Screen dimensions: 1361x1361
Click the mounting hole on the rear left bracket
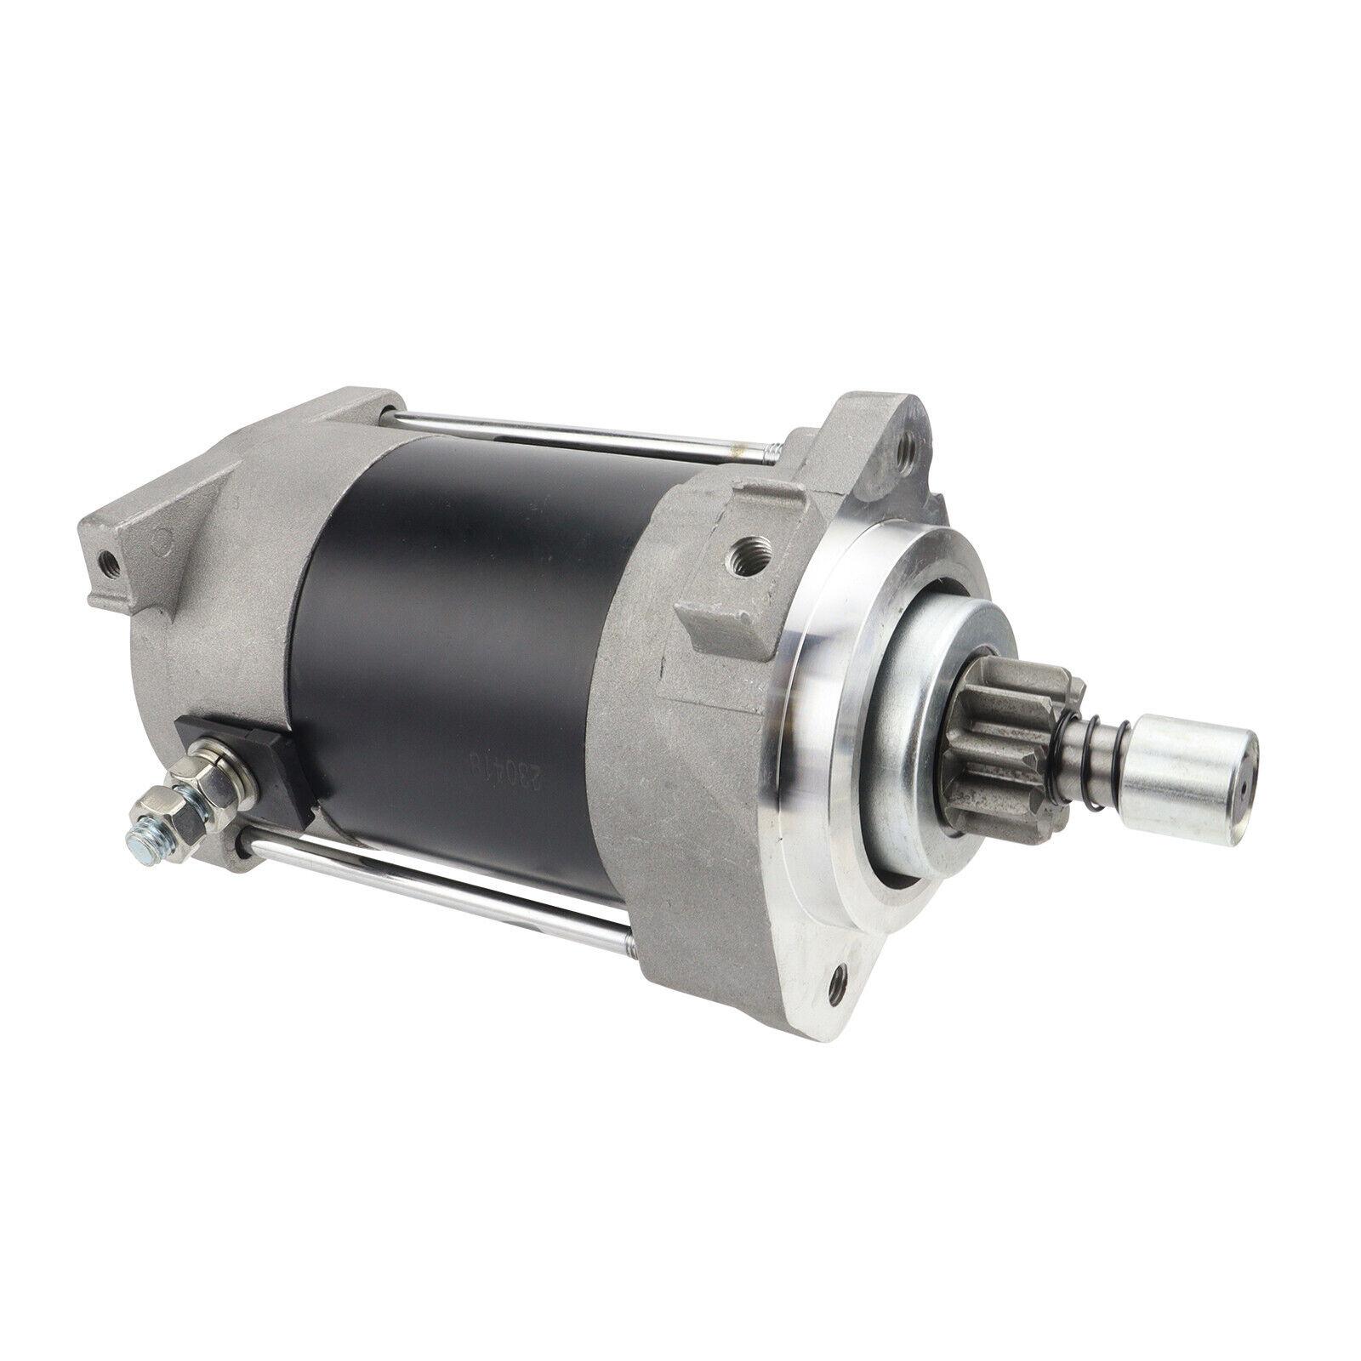[x=108, y=561]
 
